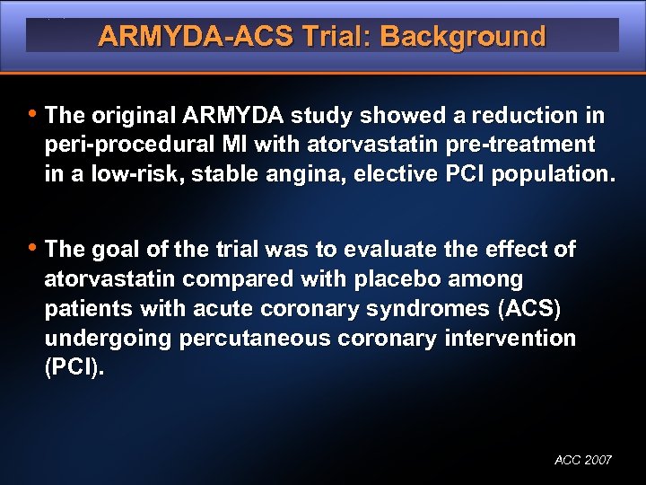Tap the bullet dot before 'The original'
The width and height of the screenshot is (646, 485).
click(32, 114)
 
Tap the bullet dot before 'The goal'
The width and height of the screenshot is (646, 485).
click(32, 247)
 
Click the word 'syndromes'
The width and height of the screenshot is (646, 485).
click(437, 309)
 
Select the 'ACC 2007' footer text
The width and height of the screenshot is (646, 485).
click(583, 460)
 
